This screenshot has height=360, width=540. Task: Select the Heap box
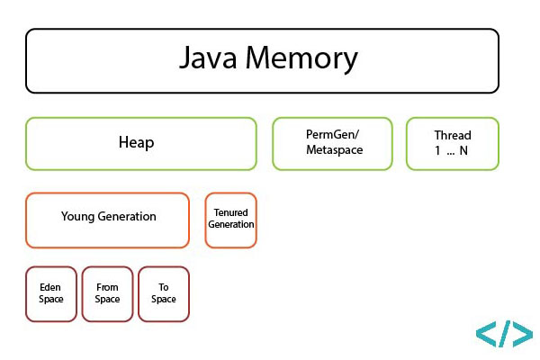[141, 143]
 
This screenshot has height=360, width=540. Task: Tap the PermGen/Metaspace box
[332, 143]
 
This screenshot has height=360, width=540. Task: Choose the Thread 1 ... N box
[452, 143]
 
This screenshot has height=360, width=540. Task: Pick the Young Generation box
[107, 219]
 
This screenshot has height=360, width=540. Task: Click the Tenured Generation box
[231, 219]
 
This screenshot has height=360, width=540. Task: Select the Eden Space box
[51, 293]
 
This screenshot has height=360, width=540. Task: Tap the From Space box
[107, 293]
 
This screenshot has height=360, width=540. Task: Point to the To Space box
[163, 293]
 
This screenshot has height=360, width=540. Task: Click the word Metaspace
[333, 150]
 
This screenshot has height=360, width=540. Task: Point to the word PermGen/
[333, 136]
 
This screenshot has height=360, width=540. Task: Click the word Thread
[452, 136]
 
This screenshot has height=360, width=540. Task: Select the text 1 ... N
[452, 150]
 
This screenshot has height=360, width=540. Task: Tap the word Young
[78, 217]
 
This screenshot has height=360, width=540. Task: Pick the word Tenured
[231, 212]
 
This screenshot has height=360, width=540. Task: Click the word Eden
[51, 288]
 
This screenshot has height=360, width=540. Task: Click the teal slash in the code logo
[504, 333]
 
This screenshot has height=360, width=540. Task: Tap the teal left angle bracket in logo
[486, 334]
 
